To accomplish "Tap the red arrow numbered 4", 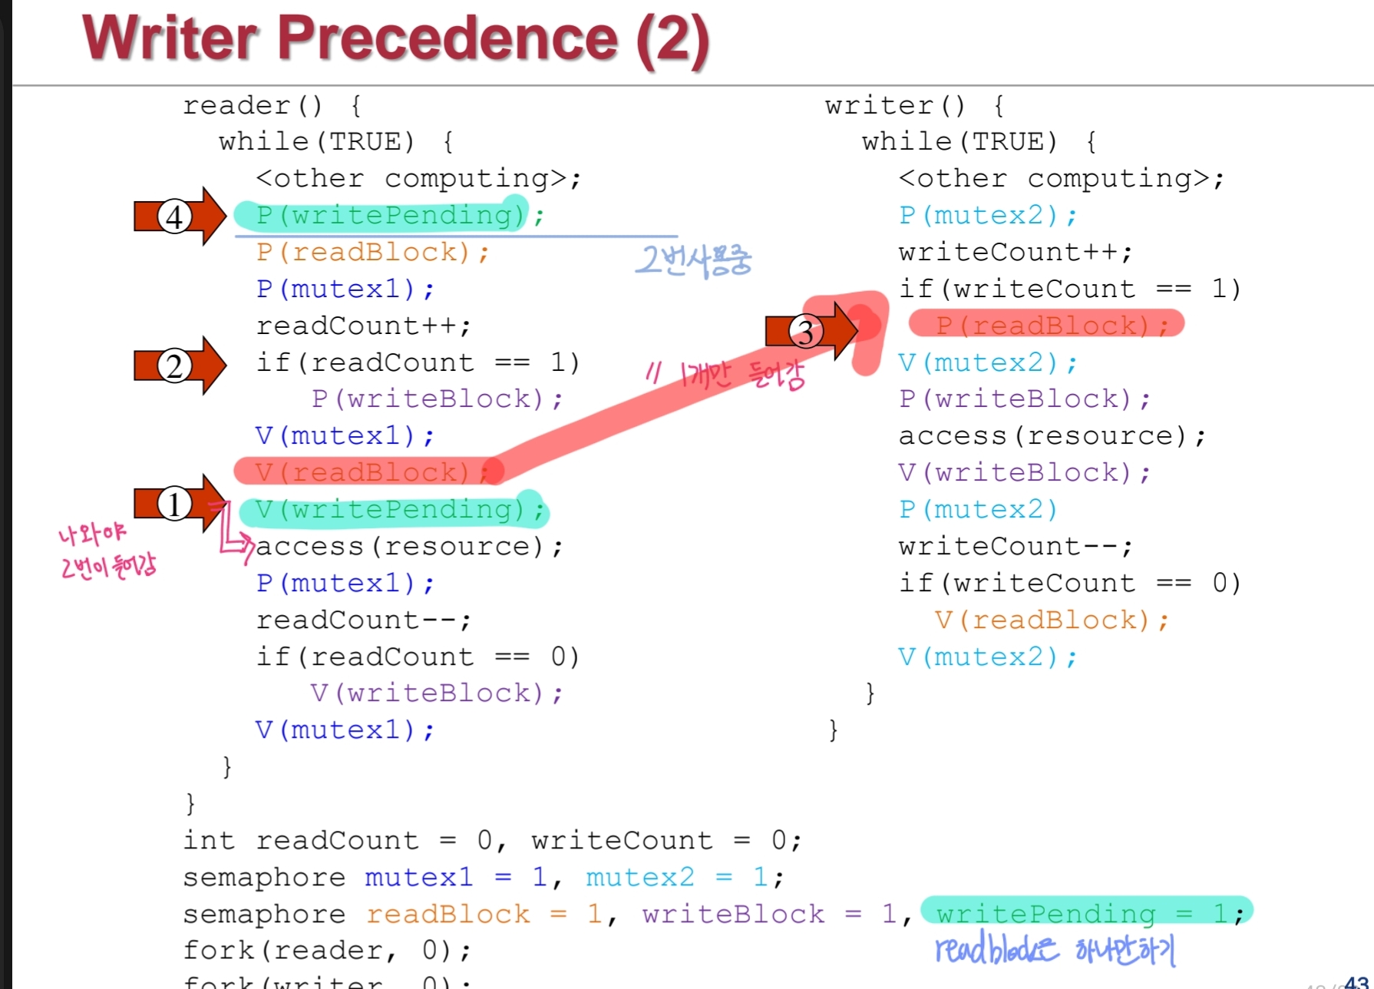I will (180, 216).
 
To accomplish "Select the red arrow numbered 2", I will (180, 365).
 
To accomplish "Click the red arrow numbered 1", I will (180, 504).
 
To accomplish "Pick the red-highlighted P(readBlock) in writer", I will (1045, 326).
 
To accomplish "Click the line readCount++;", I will (363, 326).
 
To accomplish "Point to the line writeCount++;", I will (1015, 253).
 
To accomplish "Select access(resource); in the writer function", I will (1052, 436).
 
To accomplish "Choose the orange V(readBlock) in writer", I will (1052, 620).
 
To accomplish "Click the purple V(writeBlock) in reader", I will (436, 693).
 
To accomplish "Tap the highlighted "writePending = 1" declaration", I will (1086, 913).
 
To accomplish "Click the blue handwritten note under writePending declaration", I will (1055, 951).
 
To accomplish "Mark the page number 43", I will (1356, 981).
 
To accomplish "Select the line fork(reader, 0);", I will (327, 951).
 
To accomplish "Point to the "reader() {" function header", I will (272, 105).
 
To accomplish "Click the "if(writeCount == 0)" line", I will (1069, 584).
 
